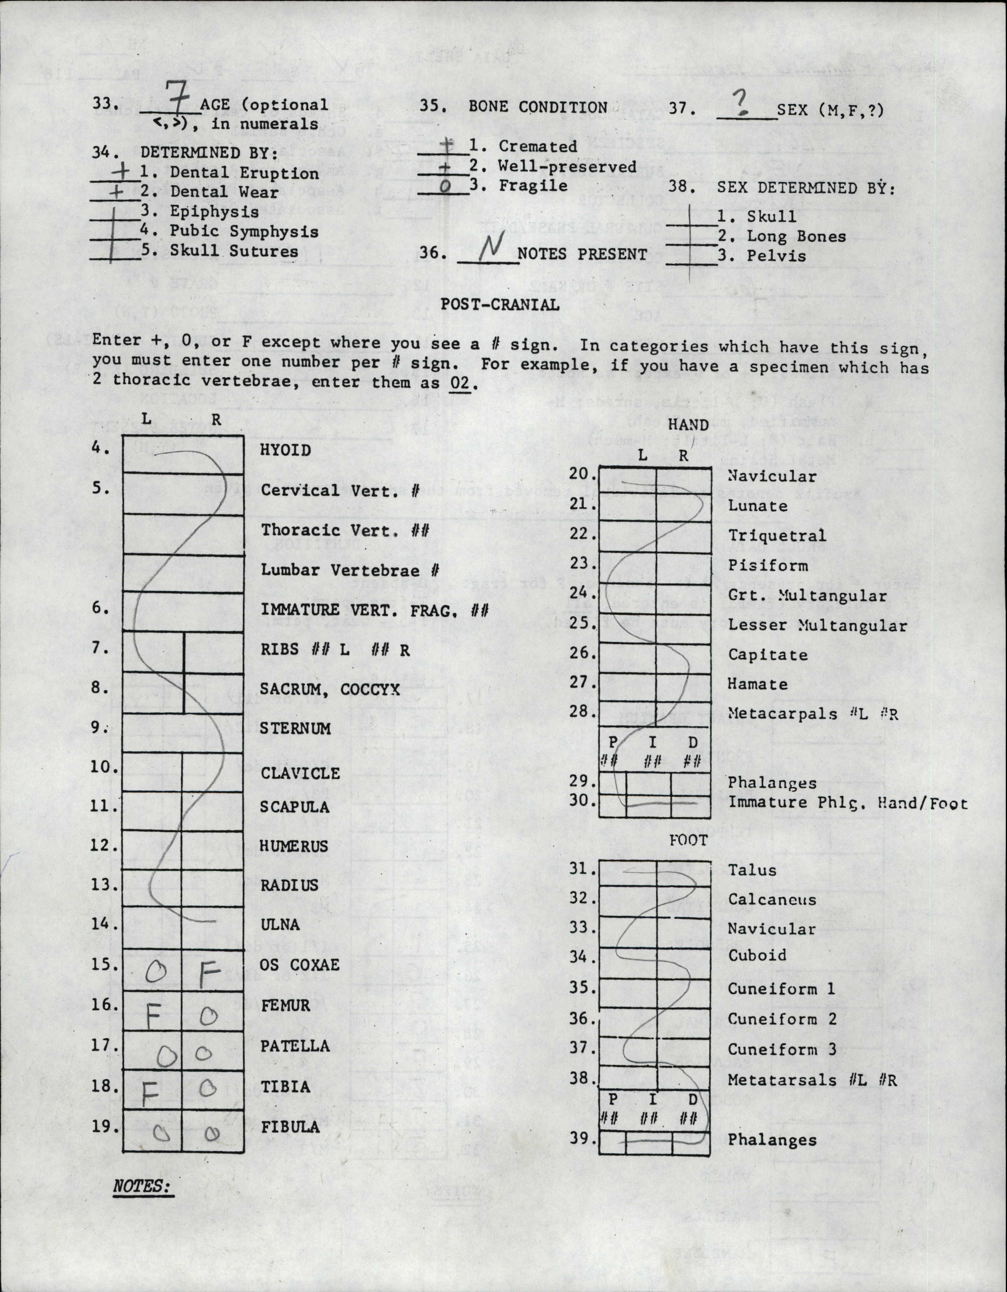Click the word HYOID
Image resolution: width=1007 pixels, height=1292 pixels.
pyautogui.click(x=285, y=450)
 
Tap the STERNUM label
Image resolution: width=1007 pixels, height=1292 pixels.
pyautogui.click(x=295, y=728)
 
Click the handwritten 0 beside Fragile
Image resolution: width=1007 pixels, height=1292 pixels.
pyautogui.click(x=446, y=187)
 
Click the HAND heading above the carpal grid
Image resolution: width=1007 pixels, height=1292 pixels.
pyautogui.click(x=688, y=425)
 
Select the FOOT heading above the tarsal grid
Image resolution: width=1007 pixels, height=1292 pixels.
pyautogui.click(x=688, y=840)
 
